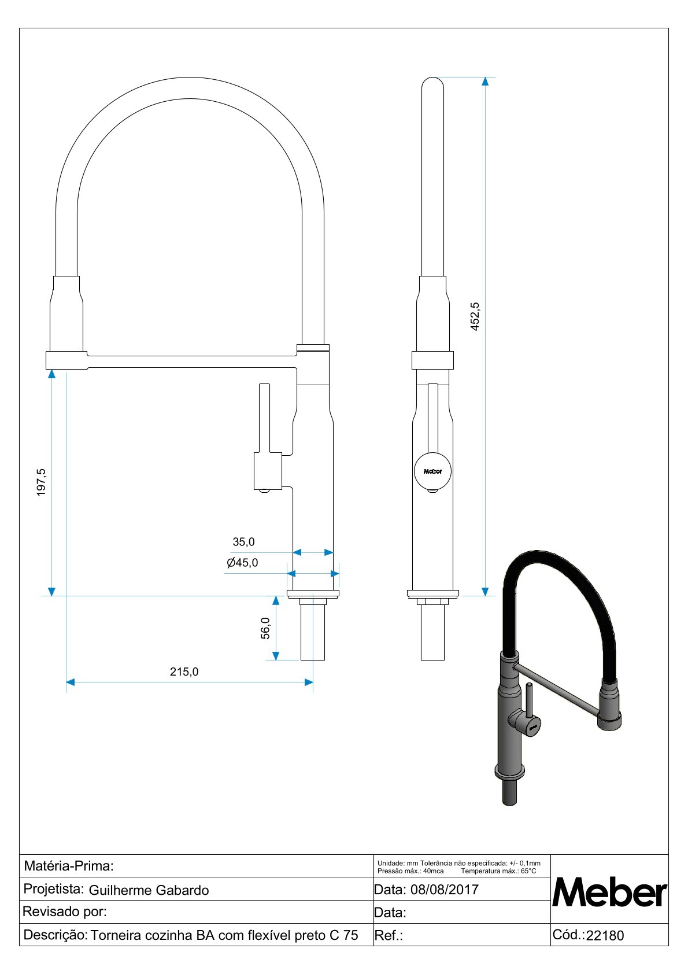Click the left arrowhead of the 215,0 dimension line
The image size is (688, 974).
pos(70,682)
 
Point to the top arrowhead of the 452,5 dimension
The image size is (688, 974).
pos(485,82)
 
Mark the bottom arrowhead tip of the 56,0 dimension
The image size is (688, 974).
pos(276,659)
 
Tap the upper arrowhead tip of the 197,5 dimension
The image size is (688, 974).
pos(51,370)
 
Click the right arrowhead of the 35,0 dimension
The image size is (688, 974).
pos(329,552)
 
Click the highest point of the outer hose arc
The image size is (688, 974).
pos(190,78)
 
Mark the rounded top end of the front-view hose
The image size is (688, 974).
pos(432,78)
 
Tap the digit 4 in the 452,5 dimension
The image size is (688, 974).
pos(475,327)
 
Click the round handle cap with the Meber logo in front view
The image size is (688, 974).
pos(432,471)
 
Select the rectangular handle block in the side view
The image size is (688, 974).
pos(268,471)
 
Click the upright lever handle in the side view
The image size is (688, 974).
pos(264,418)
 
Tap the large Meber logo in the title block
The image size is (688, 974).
pos(609,892)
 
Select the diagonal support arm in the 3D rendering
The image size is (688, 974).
pos(558,689)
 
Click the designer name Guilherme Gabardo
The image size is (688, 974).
pos(149,890)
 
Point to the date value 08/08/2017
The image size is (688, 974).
pos(444,889)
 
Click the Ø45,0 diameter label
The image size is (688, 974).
pos(242,563)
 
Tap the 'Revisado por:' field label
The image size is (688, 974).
pos(65,912)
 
